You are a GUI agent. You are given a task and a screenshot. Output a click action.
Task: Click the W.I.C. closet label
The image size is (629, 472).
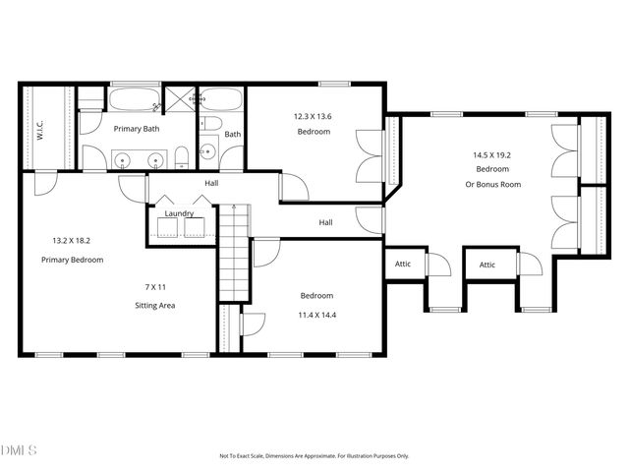click(40, 129)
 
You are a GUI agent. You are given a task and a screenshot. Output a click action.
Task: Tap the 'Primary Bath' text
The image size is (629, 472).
click(136, 128)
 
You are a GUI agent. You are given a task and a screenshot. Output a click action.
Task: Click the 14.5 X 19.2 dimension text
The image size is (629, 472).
click(492, 154)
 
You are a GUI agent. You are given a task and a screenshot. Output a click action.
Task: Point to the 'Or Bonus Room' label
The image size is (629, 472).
click(492, 184)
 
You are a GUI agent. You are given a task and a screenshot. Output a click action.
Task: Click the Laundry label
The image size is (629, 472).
click(179, 213)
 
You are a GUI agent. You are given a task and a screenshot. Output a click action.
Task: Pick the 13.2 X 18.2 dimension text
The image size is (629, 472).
click(72, 240)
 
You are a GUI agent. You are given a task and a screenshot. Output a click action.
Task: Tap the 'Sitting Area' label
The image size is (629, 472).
click(155, 305)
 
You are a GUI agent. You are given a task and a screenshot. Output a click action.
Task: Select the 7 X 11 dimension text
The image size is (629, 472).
click(155, 286)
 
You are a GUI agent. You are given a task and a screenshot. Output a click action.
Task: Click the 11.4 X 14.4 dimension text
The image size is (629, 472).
click(316, 315)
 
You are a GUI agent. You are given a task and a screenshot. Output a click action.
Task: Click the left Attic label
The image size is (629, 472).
click(403, 265)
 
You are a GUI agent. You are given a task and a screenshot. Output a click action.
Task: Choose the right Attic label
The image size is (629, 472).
click(487, 265)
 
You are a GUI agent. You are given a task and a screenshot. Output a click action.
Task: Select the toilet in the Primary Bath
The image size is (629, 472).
click(182, 157)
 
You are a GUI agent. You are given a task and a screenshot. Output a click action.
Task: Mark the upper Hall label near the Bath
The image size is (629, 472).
click(211, 184)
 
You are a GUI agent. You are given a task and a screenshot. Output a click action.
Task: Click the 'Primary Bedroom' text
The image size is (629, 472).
click(72, 260)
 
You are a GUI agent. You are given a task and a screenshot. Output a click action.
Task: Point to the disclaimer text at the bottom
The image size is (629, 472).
click(314, 455)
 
